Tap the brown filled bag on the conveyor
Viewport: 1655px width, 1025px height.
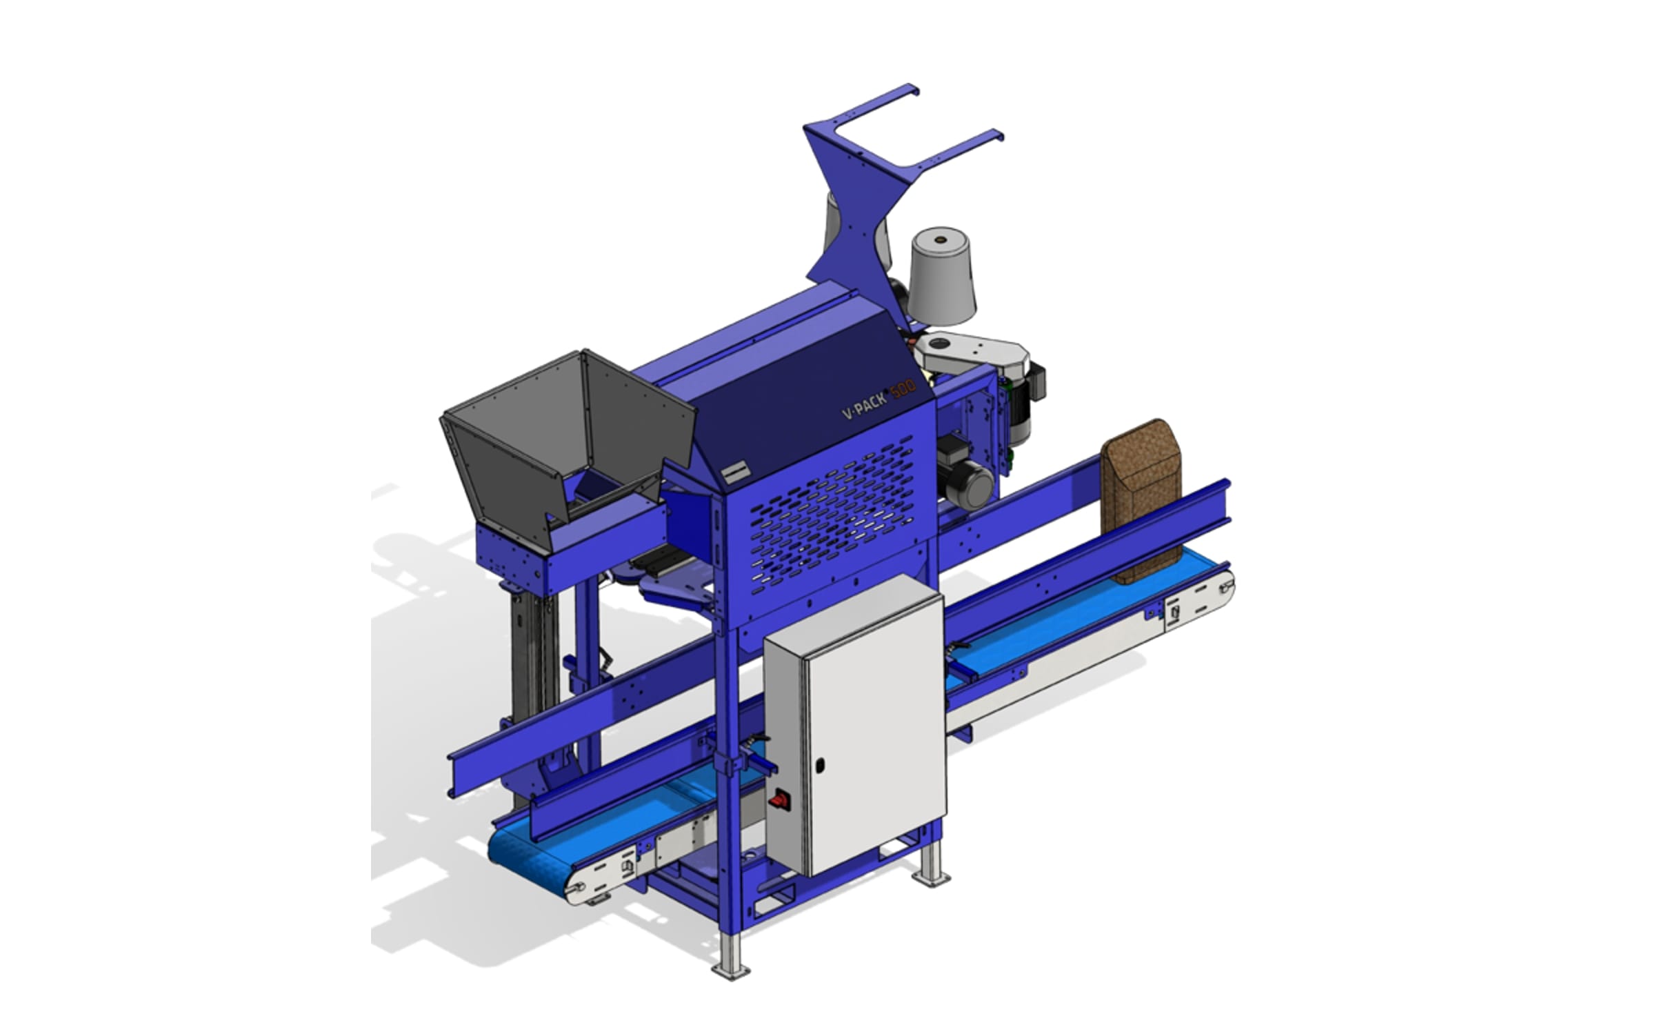coord(1141,499)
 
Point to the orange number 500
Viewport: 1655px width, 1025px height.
coord(904,390)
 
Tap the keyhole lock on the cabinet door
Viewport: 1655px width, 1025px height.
coord(820,765)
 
